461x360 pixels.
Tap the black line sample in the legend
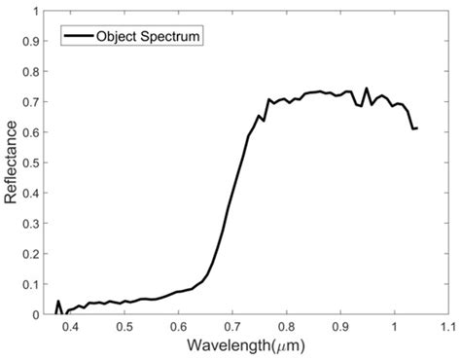(x=77, y=36)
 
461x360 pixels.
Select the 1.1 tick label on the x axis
(x=447, y=328)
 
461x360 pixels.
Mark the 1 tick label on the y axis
(x=39, y=12)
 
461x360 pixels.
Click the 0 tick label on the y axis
(x=39, y=314)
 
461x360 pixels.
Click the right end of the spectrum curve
(x=416, y=127)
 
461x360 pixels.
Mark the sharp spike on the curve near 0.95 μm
(x=367, y=89)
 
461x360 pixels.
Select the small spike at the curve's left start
(x=58, y=302)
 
